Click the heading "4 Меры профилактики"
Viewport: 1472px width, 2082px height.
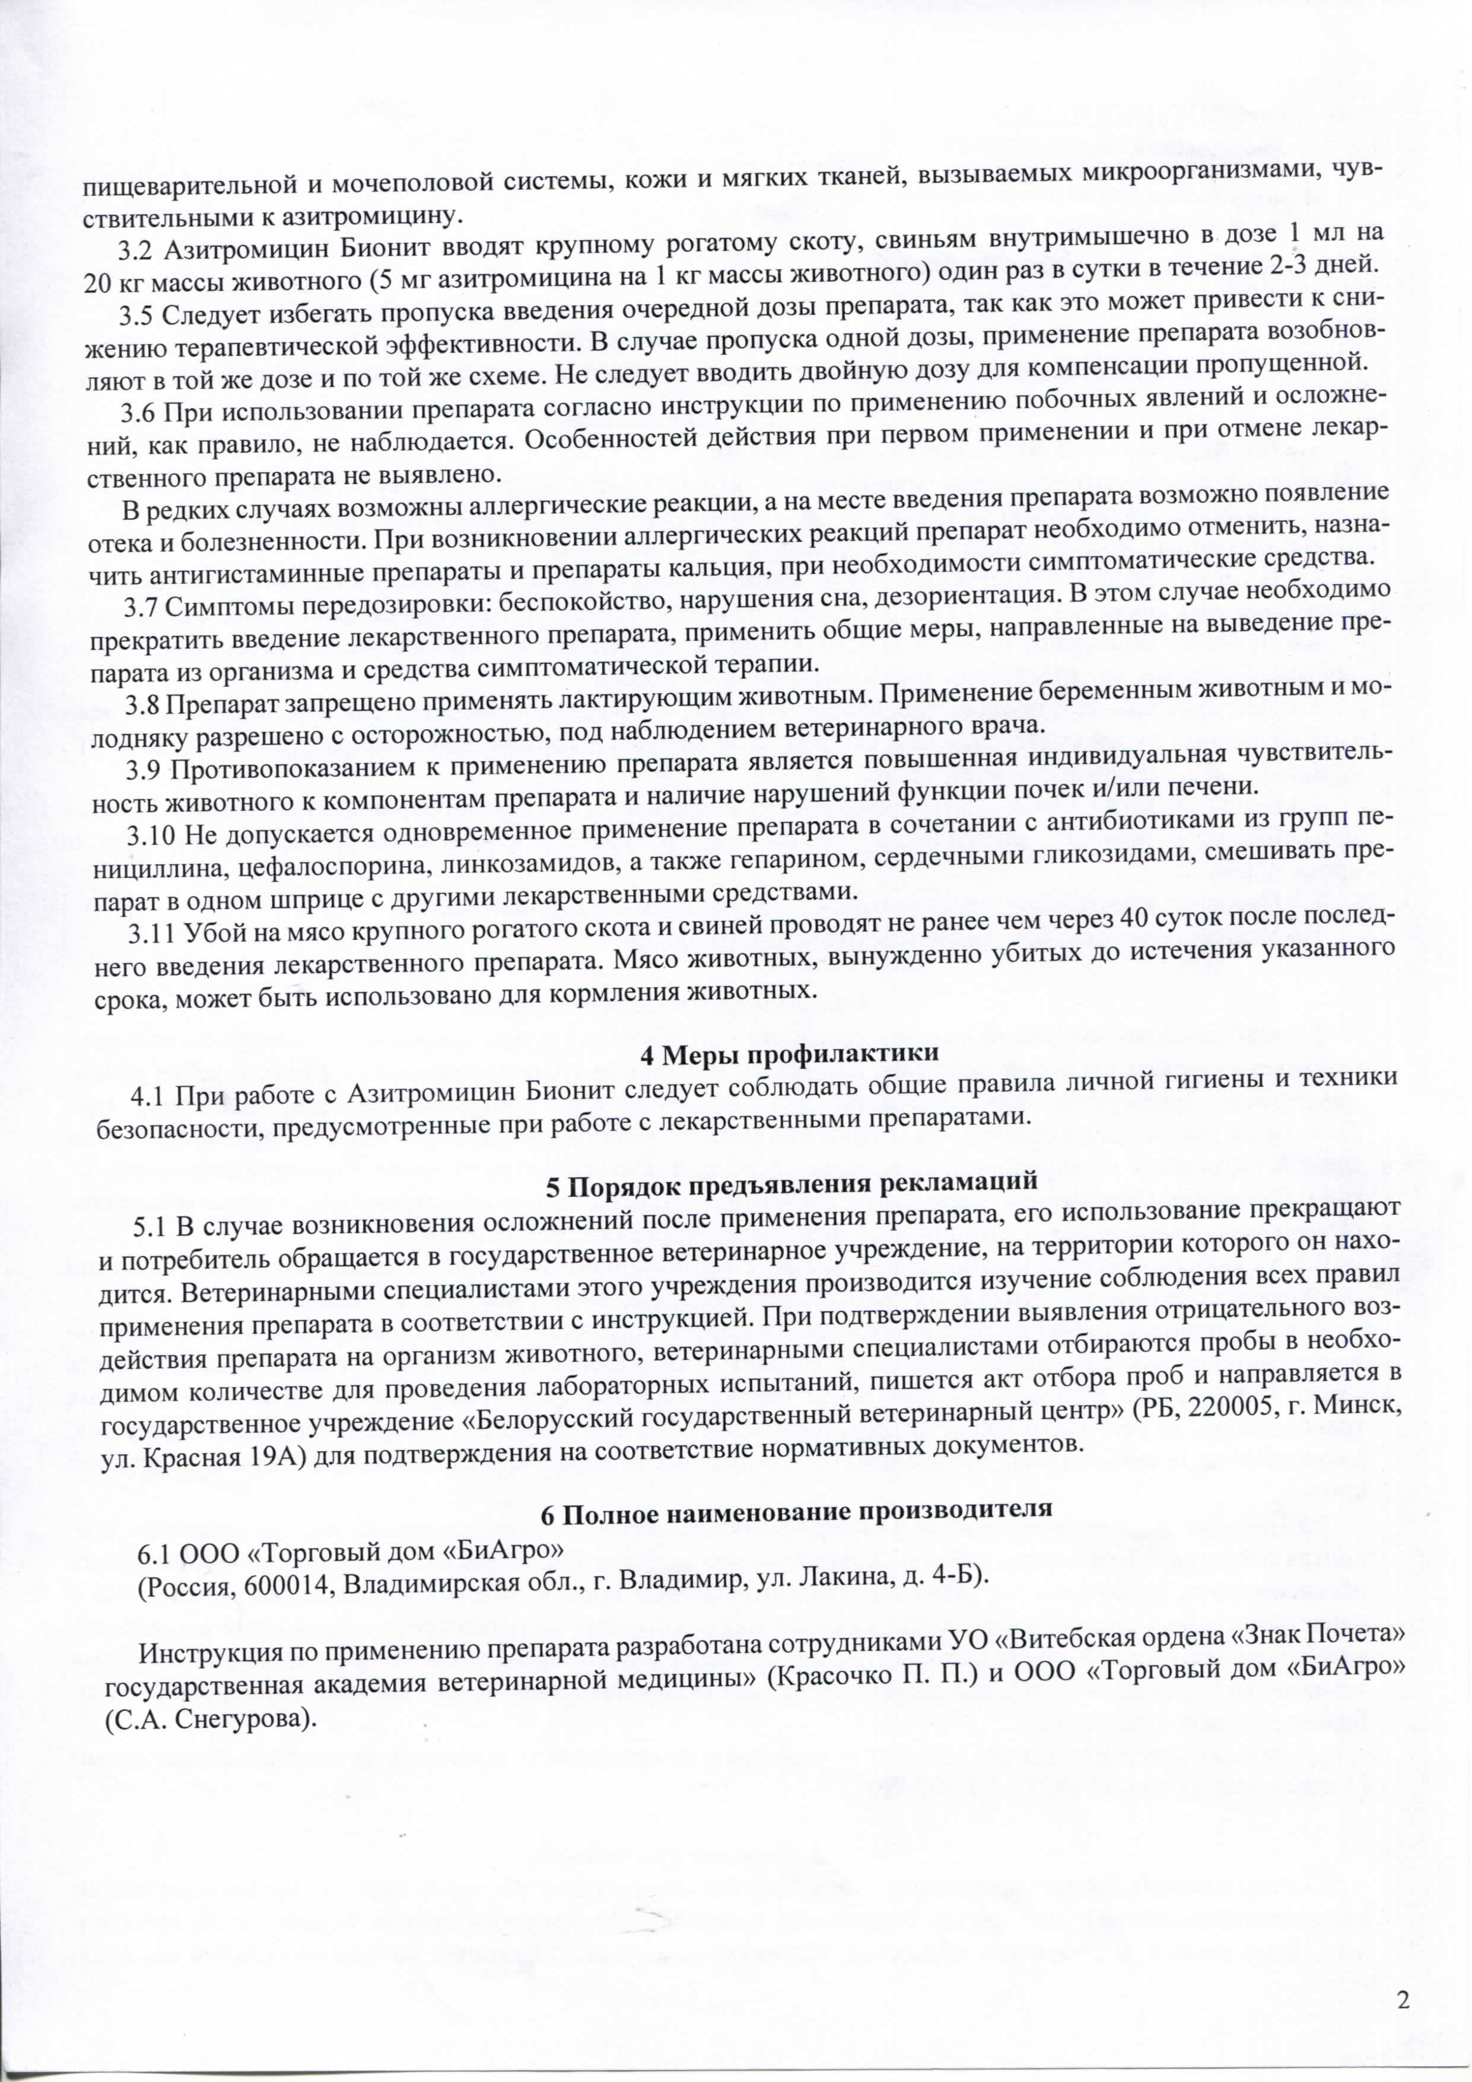click(x=789, y=1054)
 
